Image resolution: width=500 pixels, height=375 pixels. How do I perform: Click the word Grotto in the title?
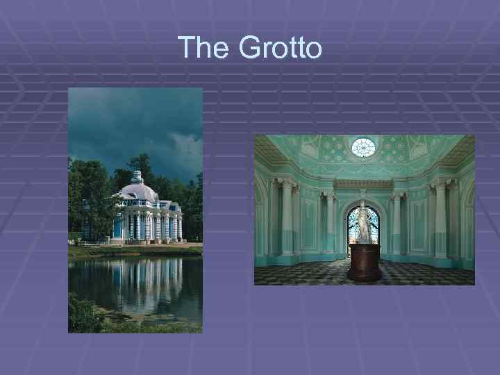tap(280, 48)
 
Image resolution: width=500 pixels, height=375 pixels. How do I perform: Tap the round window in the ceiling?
tap(363, 147)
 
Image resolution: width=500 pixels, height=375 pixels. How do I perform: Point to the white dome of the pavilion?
tap(139, 191)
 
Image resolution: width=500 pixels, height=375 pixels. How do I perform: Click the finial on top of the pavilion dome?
tap(137, 174)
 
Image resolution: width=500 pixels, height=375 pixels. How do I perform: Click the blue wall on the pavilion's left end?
tap(117, 225)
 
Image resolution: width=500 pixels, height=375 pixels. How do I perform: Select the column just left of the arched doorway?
tap(331, 222)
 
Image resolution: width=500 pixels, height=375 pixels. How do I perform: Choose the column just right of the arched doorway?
tap(397, 222)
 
